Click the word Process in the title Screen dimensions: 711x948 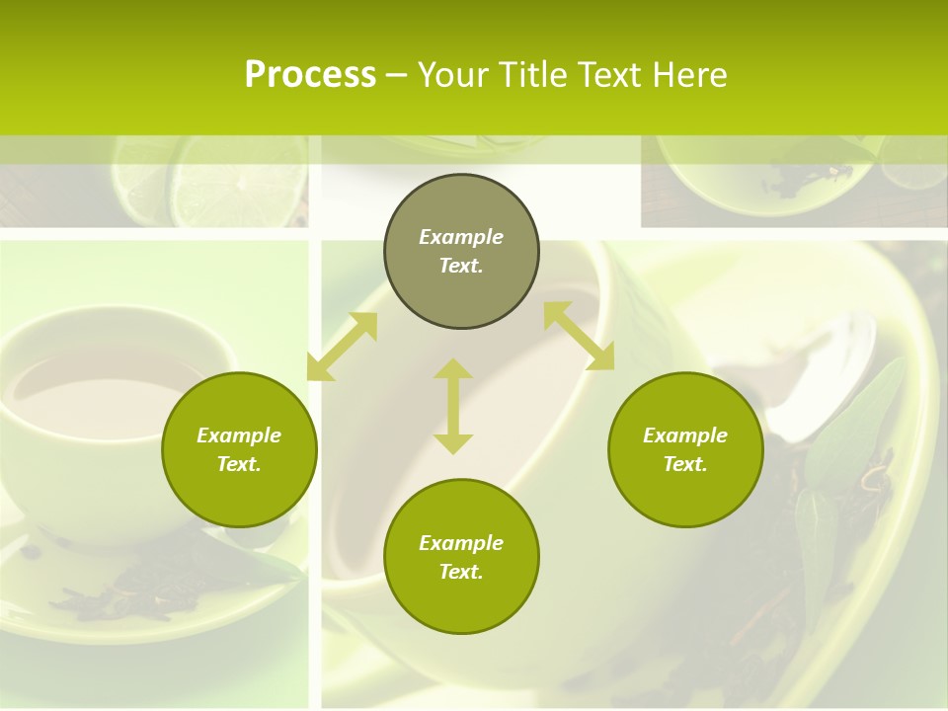pyautogui.click(x=310, y=75)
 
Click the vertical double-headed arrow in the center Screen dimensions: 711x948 pyautogui.click(x=453, y=406)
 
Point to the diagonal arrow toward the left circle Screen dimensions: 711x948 pyautogui.click(x=343, y=346)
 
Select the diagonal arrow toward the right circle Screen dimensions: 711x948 pyautogui.click(x=579, y=336)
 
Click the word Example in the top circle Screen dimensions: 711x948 pyautogui.click(x=461, y=237)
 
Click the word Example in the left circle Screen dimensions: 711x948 pyautogui.click(x=239, y=435)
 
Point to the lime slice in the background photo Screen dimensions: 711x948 pyautogui.click(x=237, y=183)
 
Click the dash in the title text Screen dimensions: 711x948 pyautogui.click(x=396, y=75)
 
